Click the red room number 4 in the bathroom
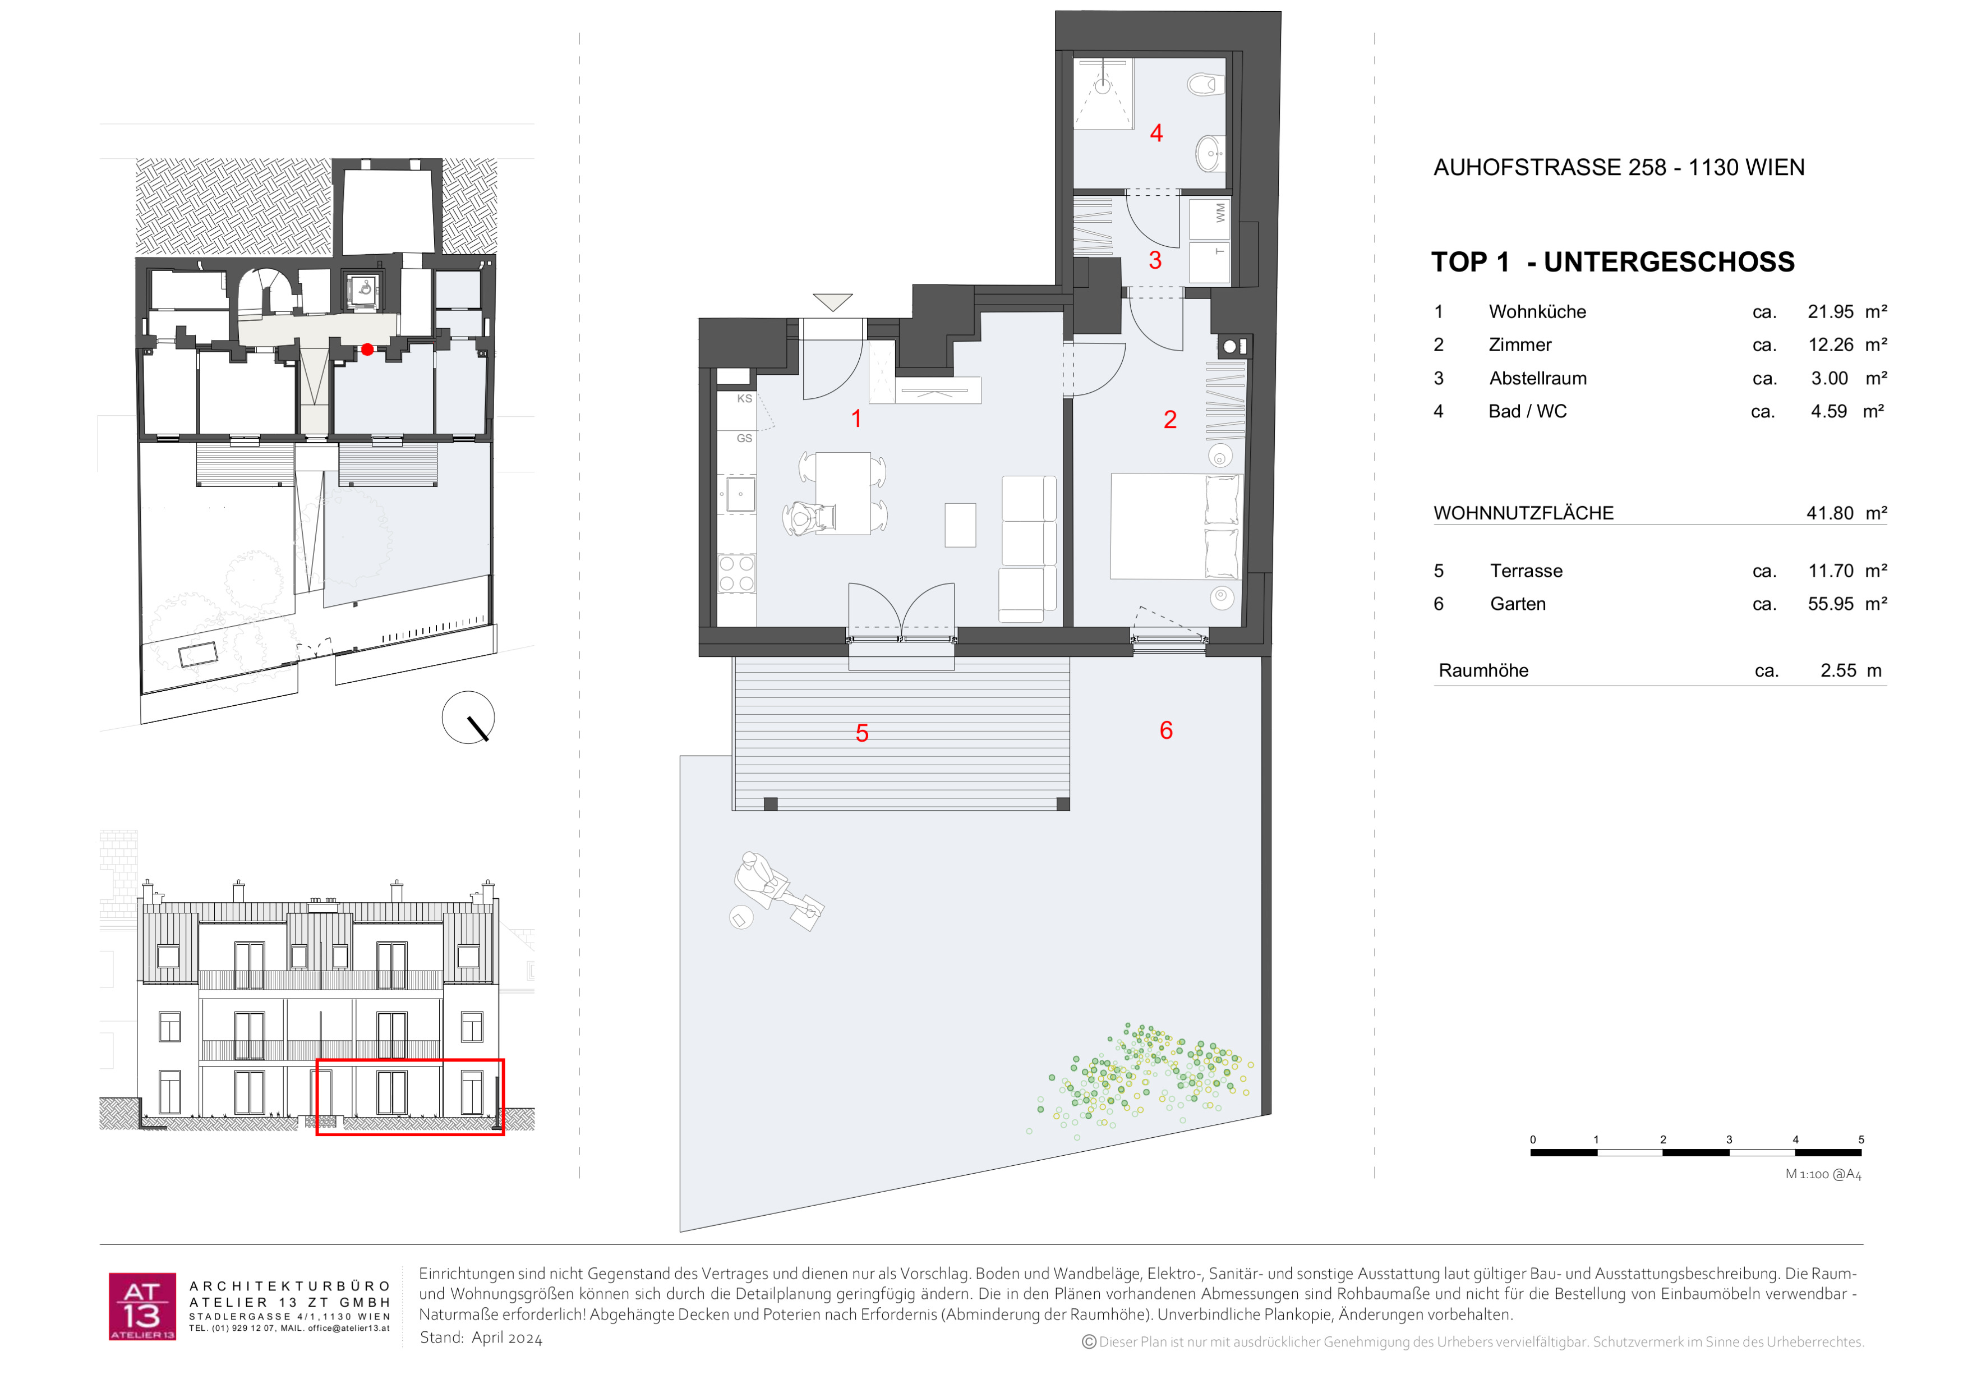click(x=1156, y=134)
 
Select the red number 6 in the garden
click(x=1166, y=730)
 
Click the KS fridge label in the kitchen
click(x=745, y=398)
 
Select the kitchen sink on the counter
click(x=740, y=494)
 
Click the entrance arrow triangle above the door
click(x=833, y=302)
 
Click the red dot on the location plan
click(x=367, y=349)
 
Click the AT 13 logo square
click(x=142, y=1306)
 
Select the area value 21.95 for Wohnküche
click(x=1831, y=312)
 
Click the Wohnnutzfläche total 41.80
click(x=1830, y=513)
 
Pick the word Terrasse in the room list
click(x=1526, y=571)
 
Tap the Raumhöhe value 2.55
click(x=1838, y=670)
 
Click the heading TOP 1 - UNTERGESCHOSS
click(x=1612, y=261)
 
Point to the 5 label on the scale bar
click(x=1861, y=1140)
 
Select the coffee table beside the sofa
click(x=960, y=525)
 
